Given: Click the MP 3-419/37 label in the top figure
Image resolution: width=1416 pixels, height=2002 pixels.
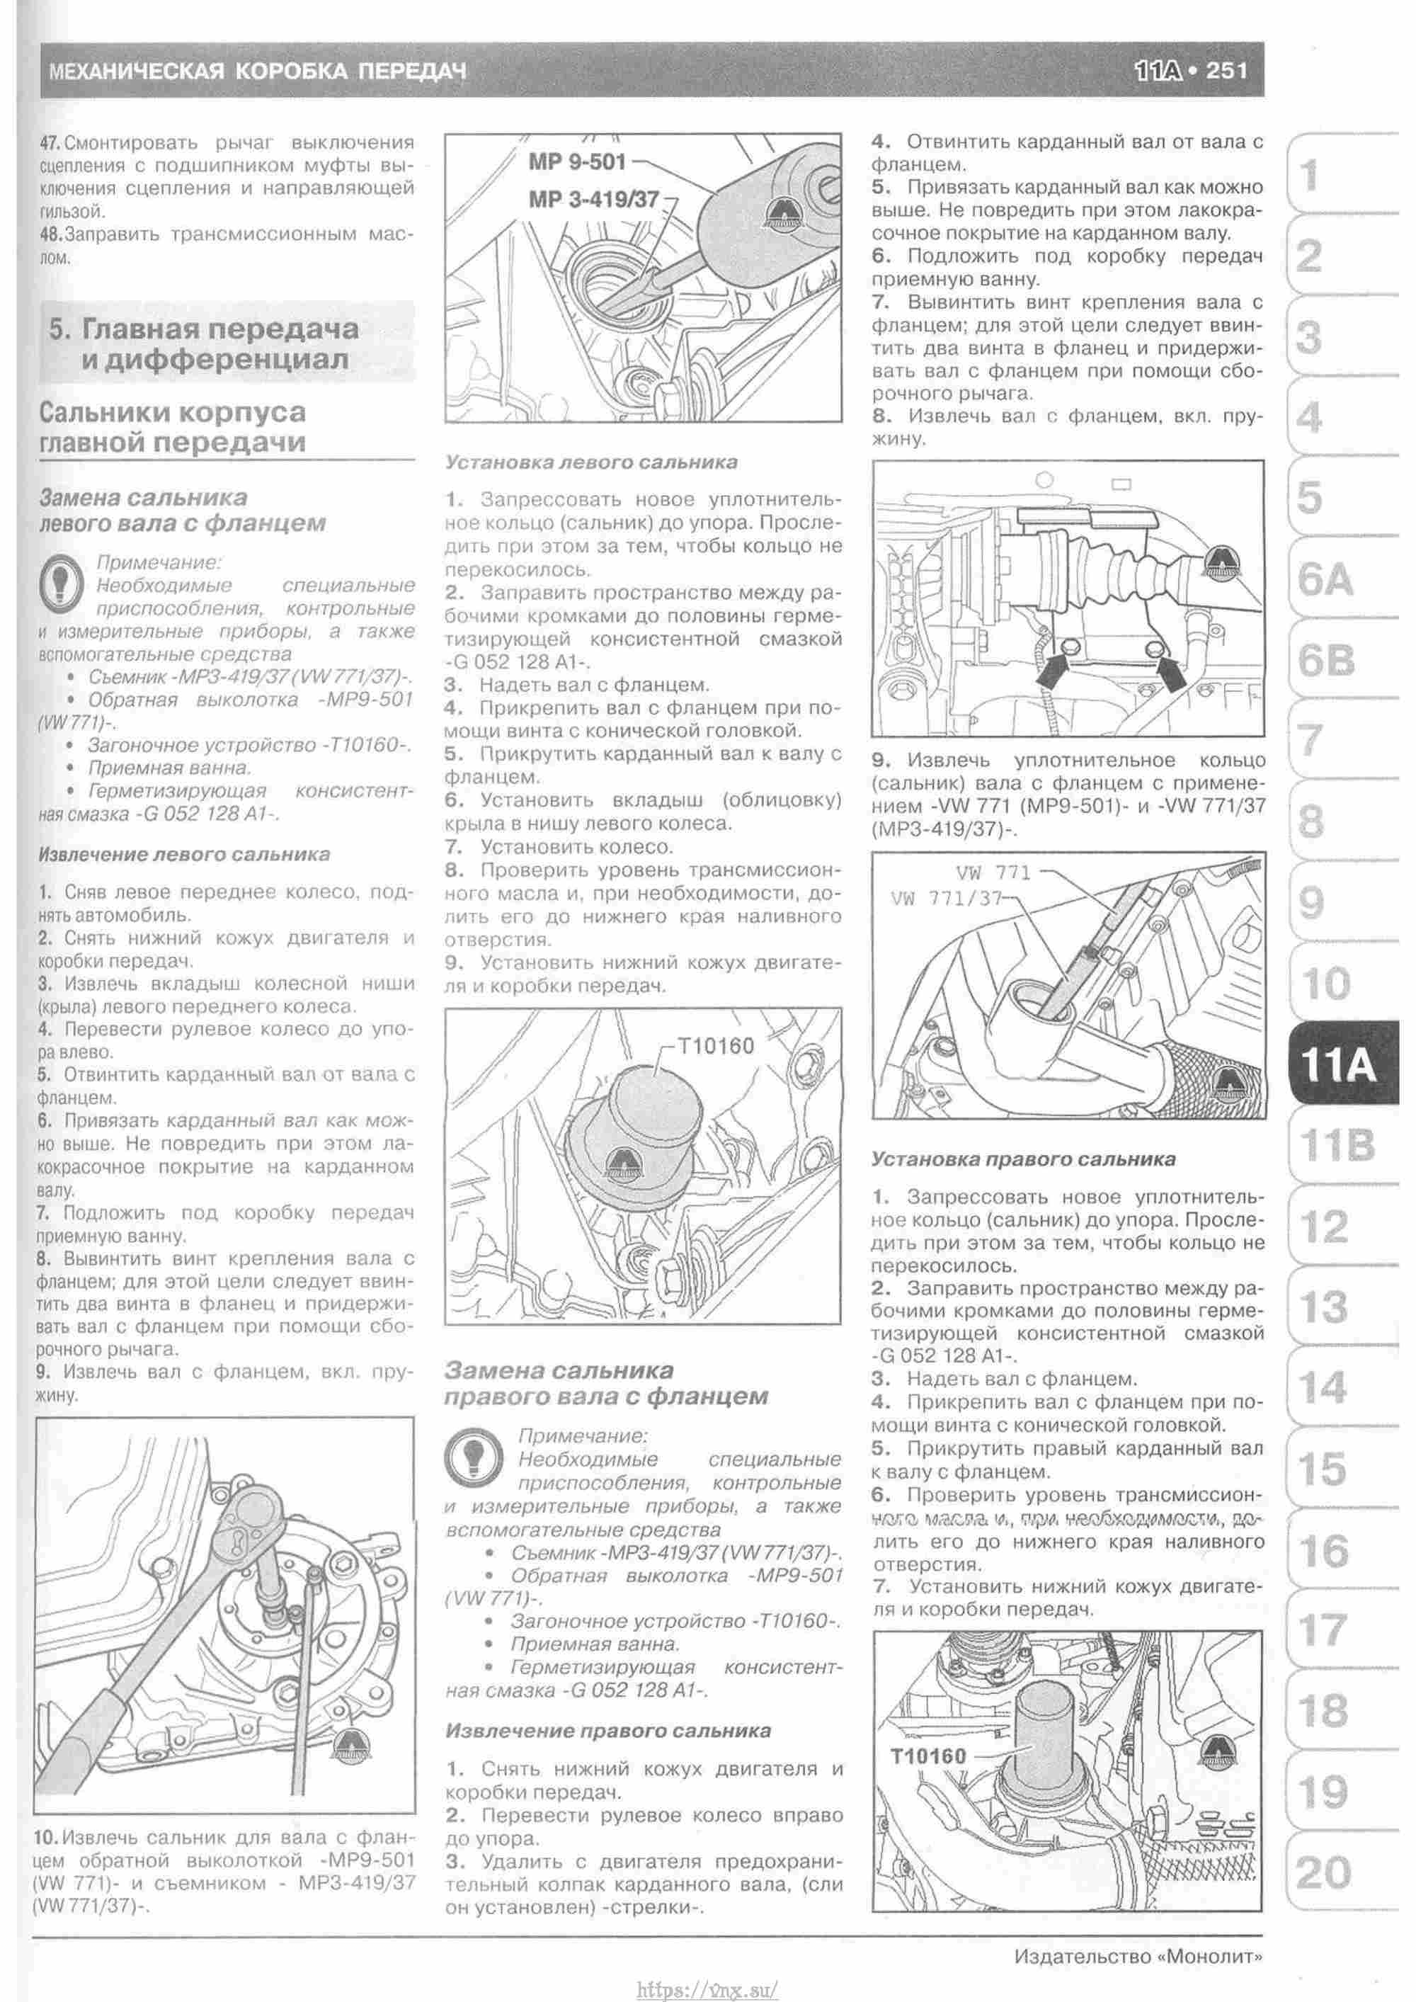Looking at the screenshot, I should [x=593, y=199].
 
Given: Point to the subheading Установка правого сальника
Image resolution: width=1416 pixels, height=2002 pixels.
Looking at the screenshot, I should [x=1023, y=1160].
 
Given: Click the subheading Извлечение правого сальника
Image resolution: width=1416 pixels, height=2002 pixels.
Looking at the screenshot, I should [x=607, y=1731].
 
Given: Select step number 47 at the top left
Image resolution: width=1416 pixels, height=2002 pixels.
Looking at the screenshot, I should [x=50, y=143].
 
